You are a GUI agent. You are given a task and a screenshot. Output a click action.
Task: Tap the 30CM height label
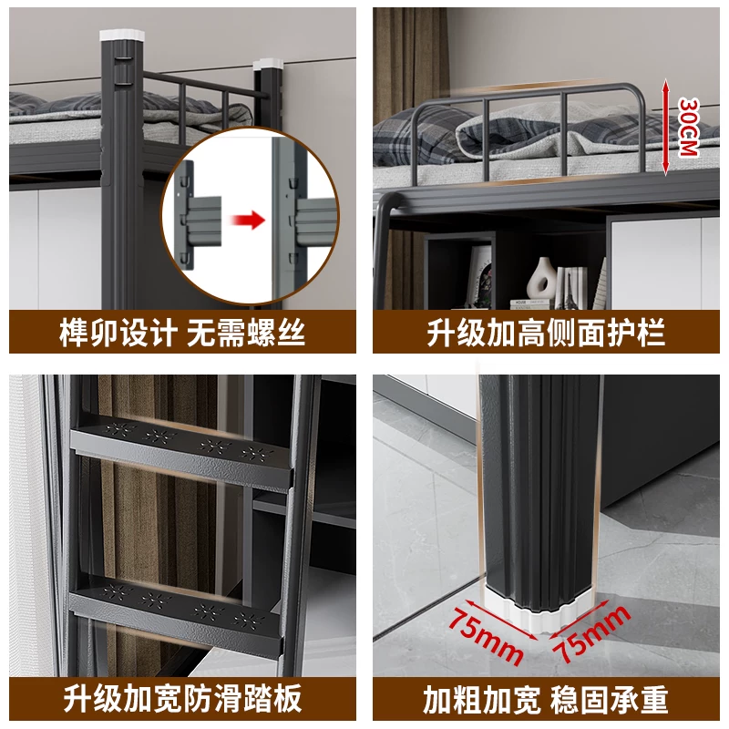click(x=689, y=127)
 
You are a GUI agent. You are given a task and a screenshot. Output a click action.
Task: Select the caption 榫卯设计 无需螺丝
click(x=182, y=333)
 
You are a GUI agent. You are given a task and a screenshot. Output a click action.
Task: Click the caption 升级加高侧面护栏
click(x=546, y=333)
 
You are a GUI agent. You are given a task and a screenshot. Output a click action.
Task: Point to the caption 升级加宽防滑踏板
click(x=182, y=698)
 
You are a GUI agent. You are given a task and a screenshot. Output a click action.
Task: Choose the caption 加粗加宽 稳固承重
click(x=546, y=698)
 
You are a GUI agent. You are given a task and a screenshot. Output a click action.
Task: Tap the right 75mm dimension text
click(x=591, y=633)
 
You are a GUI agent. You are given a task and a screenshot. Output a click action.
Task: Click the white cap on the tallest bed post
click(x=122, y=36)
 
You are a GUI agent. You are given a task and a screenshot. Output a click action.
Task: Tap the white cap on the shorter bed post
click(x=268, y=63)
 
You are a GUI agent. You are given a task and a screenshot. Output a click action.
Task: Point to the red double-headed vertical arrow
click(x=666, y=127)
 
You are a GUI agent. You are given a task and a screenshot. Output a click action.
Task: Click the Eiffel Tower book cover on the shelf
click(x=570, y=288)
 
